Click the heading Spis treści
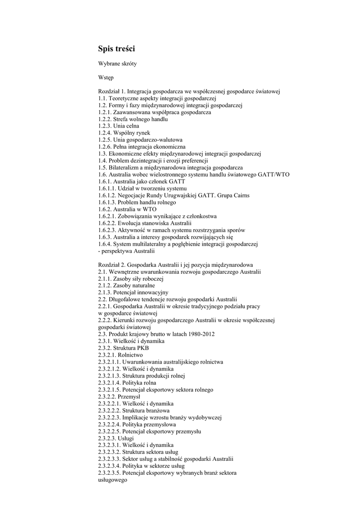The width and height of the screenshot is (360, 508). pos(116,49)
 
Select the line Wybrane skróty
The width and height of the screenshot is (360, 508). pos(118,64)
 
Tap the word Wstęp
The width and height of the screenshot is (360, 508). pos(106,77)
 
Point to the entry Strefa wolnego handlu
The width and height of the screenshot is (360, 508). pos(141,119)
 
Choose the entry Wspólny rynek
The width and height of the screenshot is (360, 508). pos(132,133)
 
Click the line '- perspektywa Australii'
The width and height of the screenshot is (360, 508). pos(127,251)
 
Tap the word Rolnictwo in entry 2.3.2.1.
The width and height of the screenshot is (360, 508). pos(131,355)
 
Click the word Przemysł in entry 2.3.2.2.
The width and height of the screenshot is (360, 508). pos(130,397)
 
